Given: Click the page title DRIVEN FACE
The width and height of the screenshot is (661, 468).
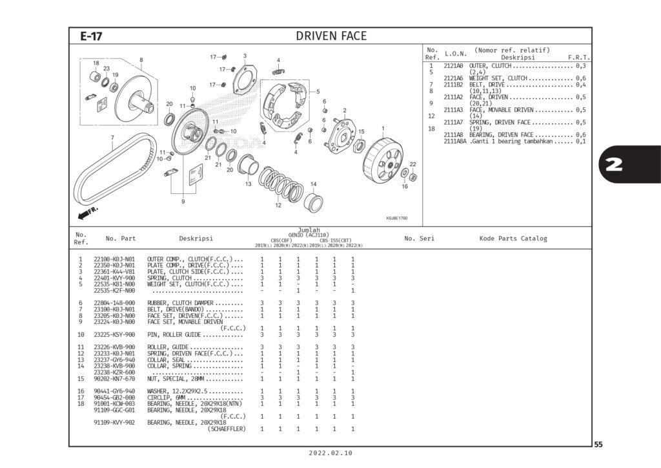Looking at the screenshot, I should [x=330, y=36].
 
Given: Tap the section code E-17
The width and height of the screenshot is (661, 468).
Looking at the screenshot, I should [x=91, y=37].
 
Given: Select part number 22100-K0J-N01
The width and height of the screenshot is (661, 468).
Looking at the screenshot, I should [x=114, y=260].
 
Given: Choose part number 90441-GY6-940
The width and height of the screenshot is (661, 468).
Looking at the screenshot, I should [x=114, y=391].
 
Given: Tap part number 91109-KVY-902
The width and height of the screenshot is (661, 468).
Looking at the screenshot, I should [x=114, y=422].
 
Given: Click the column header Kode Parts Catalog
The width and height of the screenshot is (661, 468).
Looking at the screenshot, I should [x=513, y=239].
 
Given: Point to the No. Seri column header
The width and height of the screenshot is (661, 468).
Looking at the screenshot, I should [x=419, y=239].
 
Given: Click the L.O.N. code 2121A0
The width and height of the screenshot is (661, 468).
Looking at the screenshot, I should [x=453, y=66].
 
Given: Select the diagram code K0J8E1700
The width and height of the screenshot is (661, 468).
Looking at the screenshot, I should [x=396, y=218].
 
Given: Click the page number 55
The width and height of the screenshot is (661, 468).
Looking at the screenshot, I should [x=598, y=444].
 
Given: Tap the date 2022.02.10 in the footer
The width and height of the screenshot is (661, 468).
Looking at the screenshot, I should [x=330, y=453].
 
